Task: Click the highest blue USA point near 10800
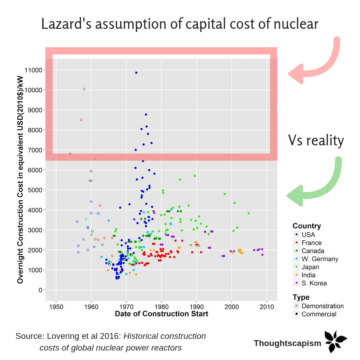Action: click(x=136, y=72)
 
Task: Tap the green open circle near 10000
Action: click(x=84, y=89)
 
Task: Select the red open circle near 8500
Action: click(x=81, y=120)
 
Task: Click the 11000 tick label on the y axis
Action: click(x=34, y=70)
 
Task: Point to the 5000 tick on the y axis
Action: click(x=35, y=190)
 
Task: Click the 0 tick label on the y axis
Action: click(x=40, y=290)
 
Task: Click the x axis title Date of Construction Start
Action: click(x=162, y=314)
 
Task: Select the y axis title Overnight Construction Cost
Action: click(x=20, y=179)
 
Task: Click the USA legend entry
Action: click(x=308, y=234)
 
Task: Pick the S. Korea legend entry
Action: click(x=314, y=283)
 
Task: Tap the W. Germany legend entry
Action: click(x=319, y=259)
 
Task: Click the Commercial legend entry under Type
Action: click(x=319, y=314)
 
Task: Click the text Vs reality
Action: click(x=316, y=141)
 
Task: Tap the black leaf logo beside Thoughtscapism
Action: click(x=336, y=342)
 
